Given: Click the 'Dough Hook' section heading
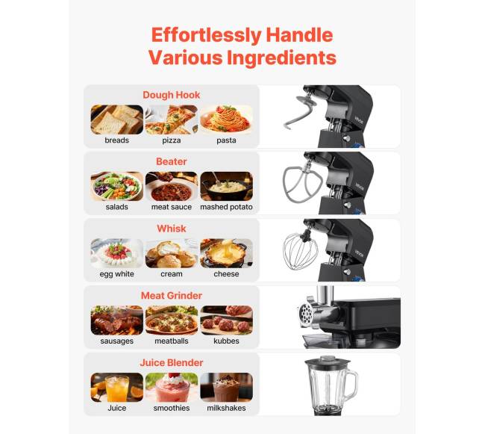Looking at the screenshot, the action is pos(172,95).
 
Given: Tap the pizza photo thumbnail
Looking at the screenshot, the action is pos(172,120).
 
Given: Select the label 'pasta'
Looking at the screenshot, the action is pos(226,140).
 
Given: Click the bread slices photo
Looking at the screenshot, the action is pos(117,120).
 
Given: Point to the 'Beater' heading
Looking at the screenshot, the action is pos(172,161).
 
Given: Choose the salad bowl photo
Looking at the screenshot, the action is pos(117,186).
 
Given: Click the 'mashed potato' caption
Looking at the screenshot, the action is pos(226,207).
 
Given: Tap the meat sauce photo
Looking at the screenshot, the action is pos(172,186).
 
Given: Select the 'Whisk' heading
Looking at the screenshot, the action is pos(172,229).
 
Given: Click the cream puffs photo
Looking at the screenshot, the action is pos(172,253).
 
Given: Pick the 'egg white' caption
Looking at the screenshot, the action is pos(117,274).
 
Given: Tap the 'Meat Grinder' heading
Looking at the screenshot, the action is pos(172,296).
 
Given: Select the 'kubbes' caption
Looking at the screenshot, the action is pos(226,341).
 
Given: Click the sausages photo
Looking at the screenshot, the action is pos(117,320).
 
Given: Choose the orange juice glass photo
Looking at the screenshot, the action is pos(117,387).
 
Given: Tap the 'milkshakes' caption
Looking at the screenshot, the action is pos(226,408).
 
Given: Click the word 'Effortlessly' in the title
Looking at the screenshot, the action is pos(206,35).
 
